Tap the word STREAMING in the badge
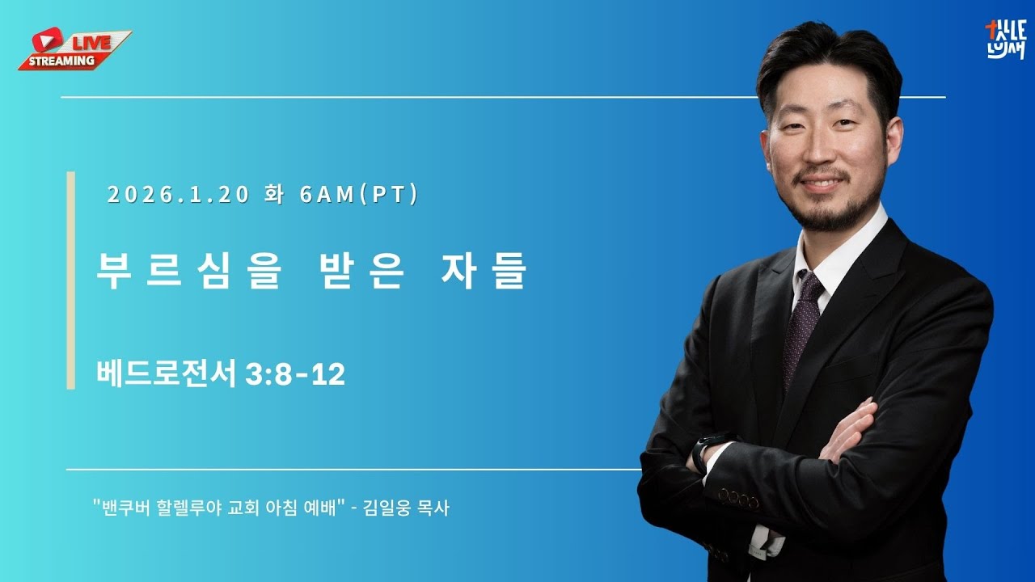click(61, 61)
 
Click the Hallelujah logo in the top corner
click(1005, 40)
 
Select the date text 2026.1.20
click(178, 196)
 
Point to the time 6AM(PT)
click(358, 196)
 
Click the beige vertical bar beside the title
click(70, 280)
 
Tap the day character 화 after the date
click(273, 196)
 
